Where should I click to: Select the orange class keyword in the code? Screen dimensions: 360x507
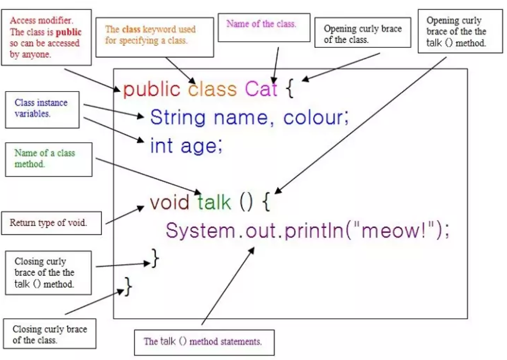click(x=212, y=90)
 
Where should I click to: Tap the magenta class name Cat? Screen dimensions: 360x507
click(x=261, y=90)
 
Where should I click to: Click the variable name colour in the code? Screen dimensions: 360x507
click(x=316, y=117)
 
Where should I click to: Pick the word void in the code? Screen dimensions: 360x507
click(x=171, y=203)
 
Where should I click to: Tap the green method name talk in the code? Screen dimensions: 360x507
click(x=215, y=203)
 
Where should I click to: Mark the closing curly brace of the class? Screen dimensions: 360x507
click(x=127, y=286)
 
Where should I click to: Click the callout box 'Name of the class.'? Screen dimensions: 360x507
click(x=262, y=28)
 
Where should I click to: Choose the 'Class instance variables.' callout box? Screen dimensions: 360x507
click(x=42, y=110)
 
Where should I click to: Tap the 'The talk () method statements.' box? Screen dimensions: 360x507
click(x=204, y=342)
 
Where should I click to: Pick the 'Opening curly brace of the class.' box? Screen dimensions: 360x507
click(x=362, y=33)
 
